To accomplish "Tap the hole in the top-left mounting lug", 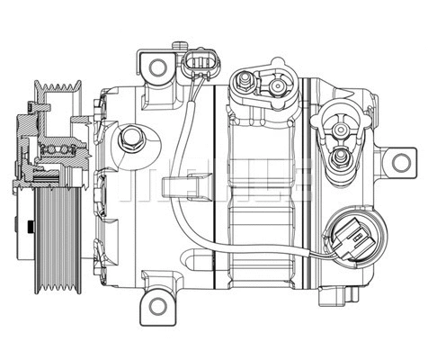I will coord(158,66).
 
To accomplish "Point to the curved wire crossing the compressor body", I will coord(185,180).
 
